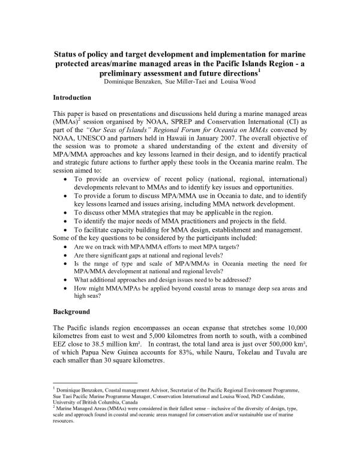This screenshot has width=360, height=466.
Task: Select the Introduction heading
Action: [x=73, y=97]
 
